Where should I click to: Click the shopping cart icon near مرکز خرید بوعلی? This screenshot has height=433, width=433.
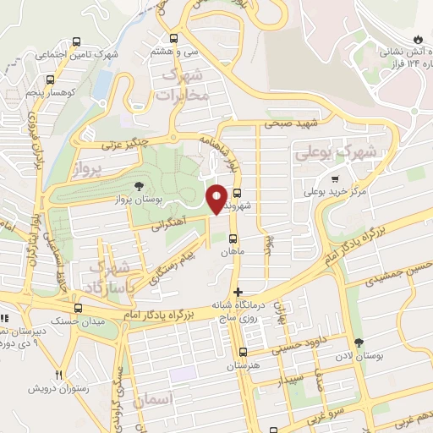pyautogui.click(x=335, y=178)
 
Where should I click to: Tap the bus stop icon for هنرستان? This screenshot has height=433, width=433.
pyautogui.click(x=244, y=353)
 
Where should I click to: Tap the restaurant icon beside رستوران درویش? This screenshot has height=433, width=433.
pyautogui.click(x=58, y=374)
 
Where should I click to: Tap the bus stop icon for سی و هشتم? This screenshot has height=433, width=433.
pyautogui.click(x=174, y=38)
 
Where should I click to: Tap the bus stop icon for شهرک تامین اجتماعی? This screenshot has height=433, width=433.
pyautogui.click(x=77, y=41)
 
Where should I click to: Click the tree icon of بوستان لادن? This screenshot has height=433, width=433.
pyautogui.click(x=359, y=343)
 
